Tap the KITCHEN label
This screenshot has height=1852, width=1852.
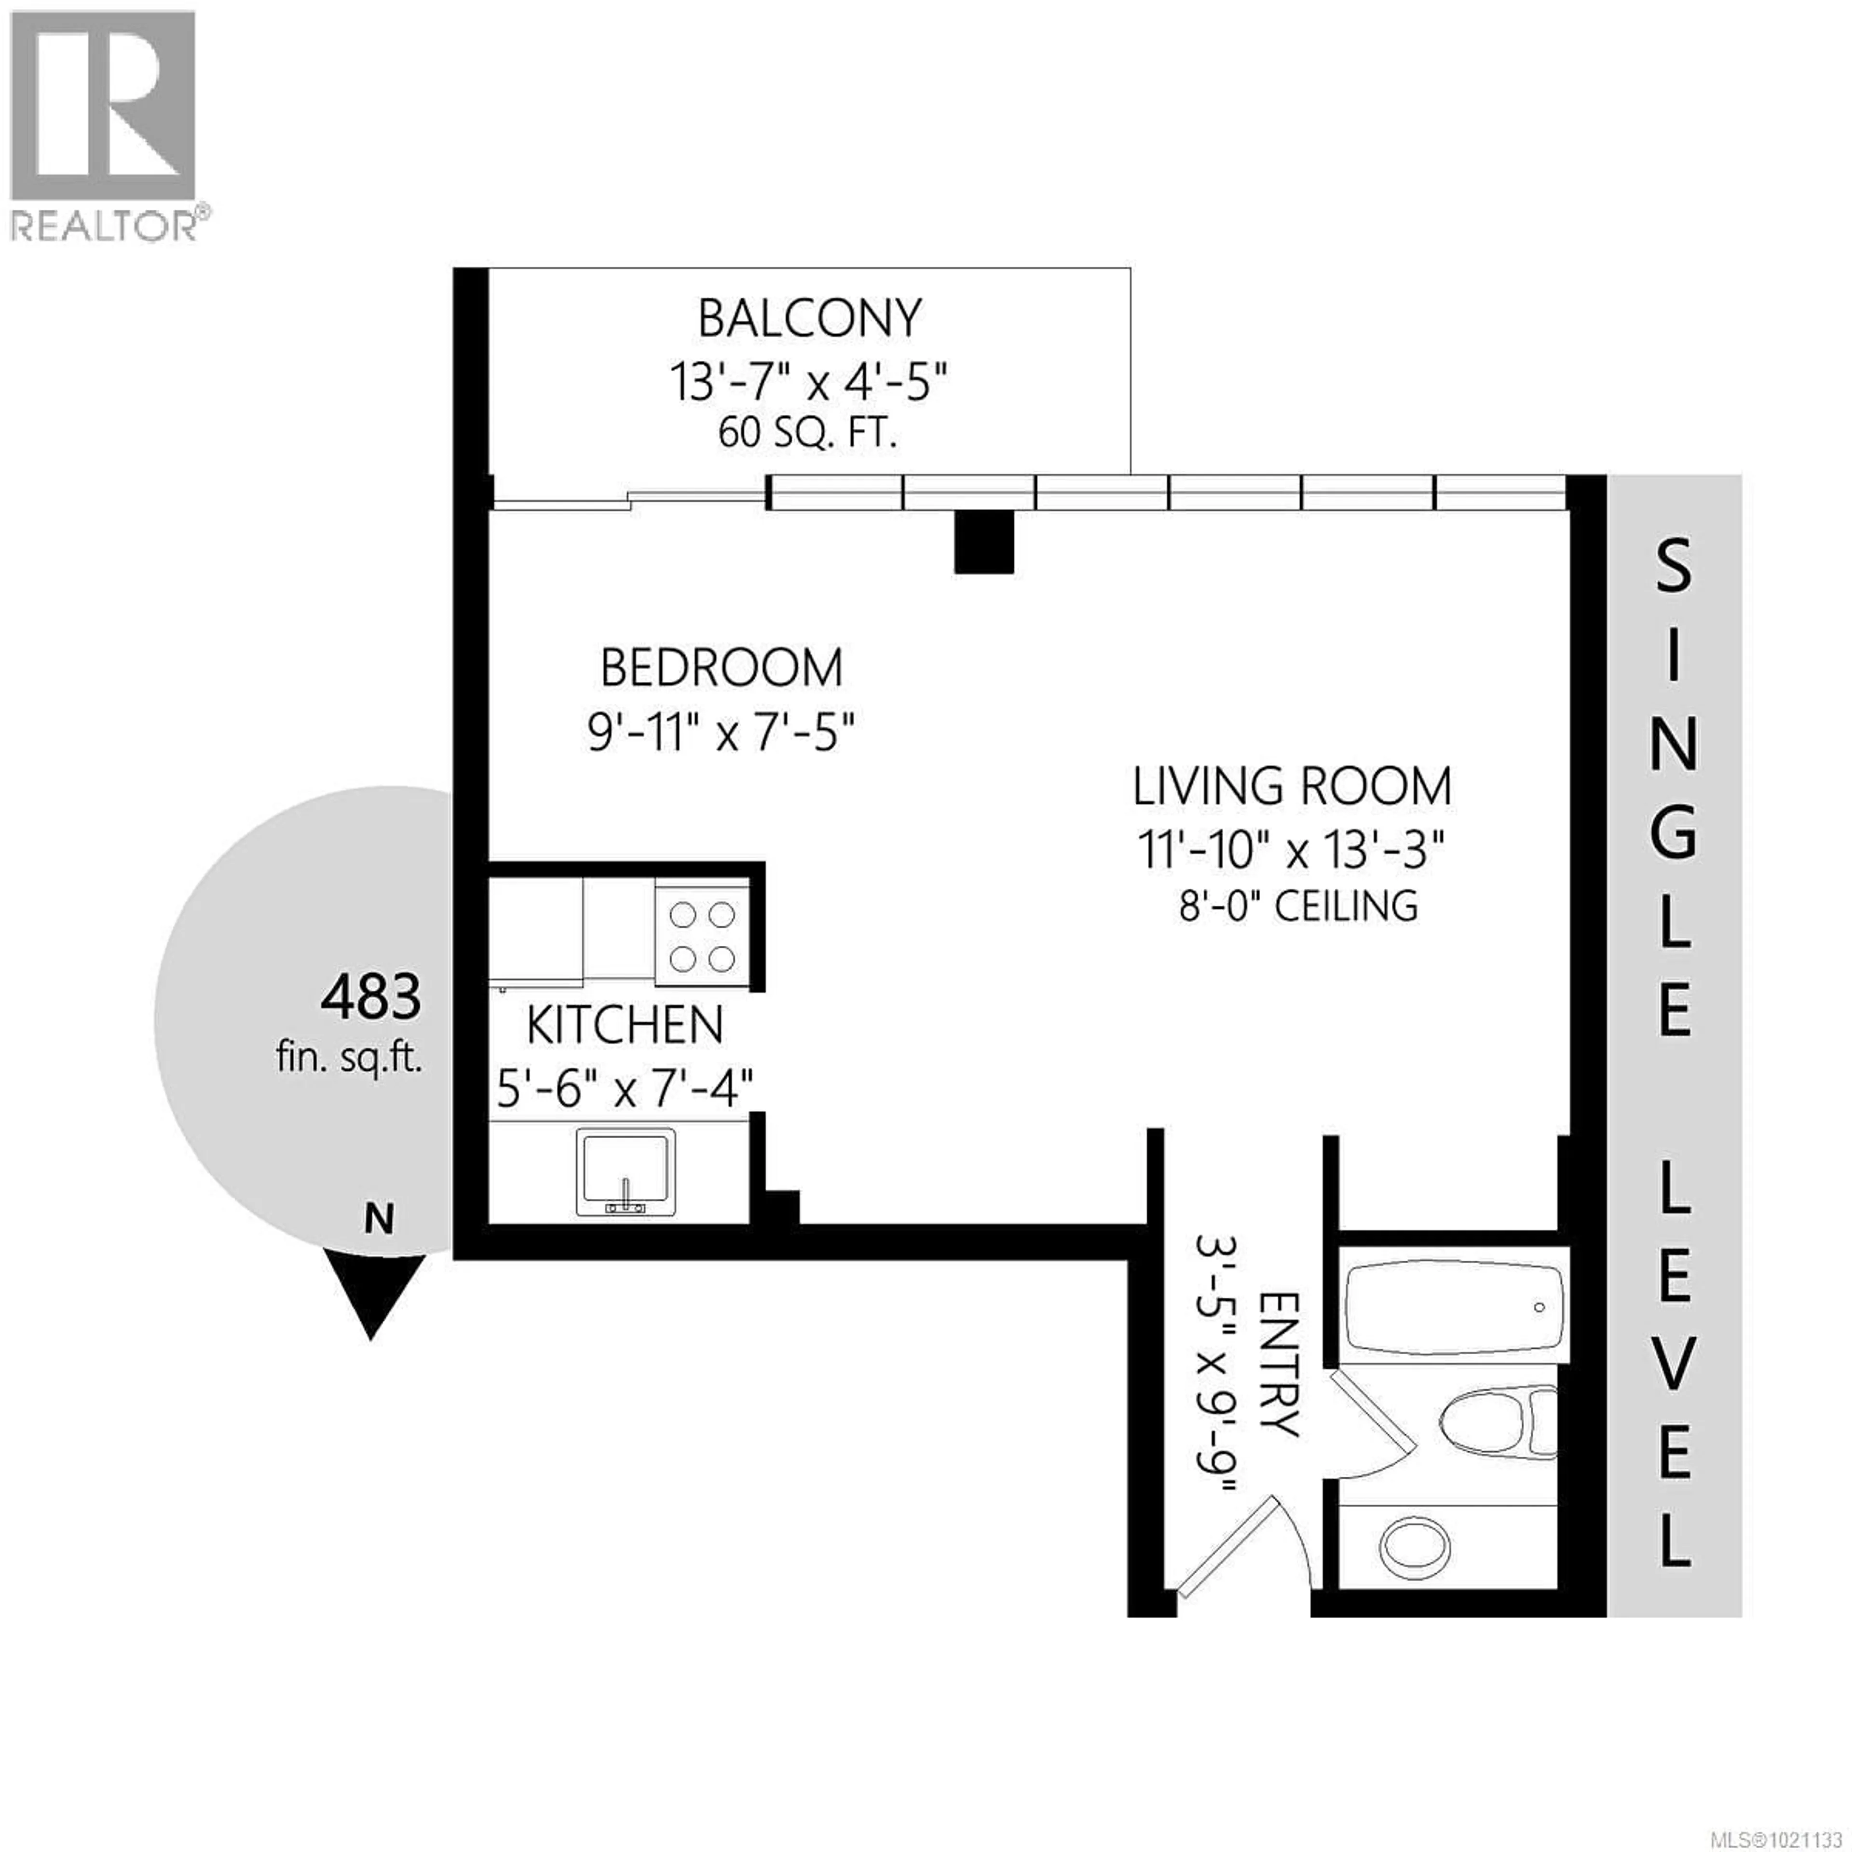click(625, 1026)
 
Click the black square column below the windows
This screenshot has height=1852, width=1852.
click(983, 542)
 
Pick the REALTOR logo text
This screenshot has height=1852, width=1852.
click(108, 226)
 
